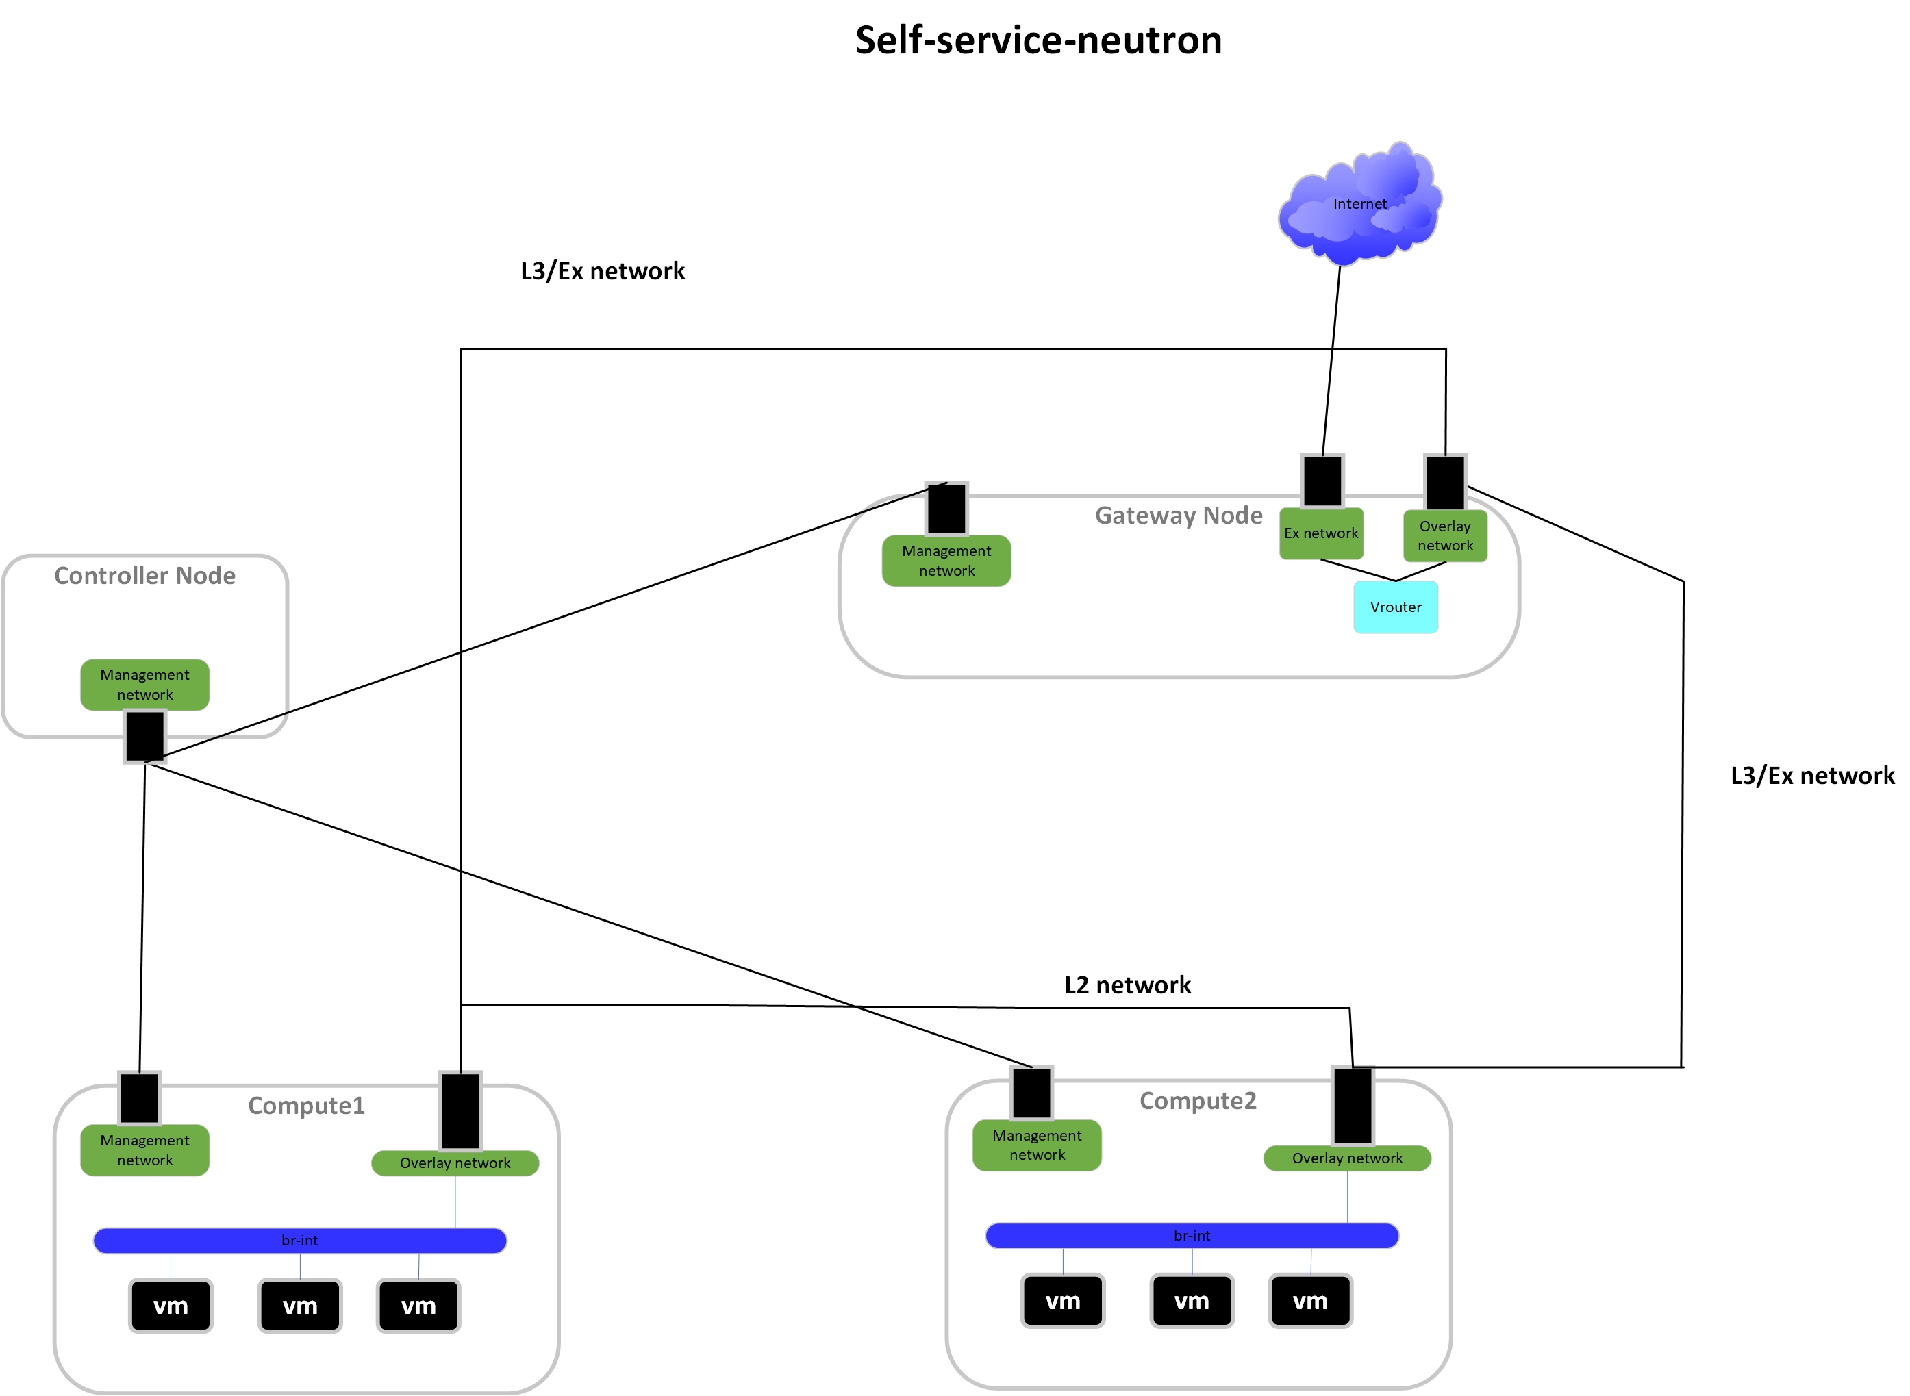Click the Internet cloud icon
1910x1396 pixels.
1359,203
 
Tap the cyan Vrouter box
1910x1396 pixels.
1395,607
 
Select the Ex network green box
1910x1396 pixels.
1321,533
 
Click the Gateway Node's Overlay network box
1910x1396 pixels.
1445,536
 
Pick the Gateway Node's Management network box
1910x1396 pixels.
946,560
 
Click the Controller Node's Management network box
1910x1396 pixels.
144,685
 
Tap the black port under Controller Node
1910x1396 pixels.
144,736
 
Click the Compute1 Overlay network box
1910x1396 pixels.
455,1163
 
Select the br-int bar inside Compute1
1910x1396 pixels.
299,1241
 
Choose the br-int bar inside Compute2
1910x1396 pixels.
1192,1235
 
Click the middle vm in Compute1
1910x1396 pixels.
299,1306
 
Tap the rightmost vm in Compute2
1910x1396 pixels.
1310,1301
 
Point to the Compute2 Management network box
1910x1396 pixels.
1037,1145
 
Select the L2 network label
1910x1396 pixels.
1127,985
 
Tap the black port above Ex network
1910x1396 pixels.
1322,481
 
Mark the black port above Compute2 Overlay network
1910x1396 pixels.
1353,1105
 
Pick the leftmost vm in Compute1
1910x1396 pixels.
171,1306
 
